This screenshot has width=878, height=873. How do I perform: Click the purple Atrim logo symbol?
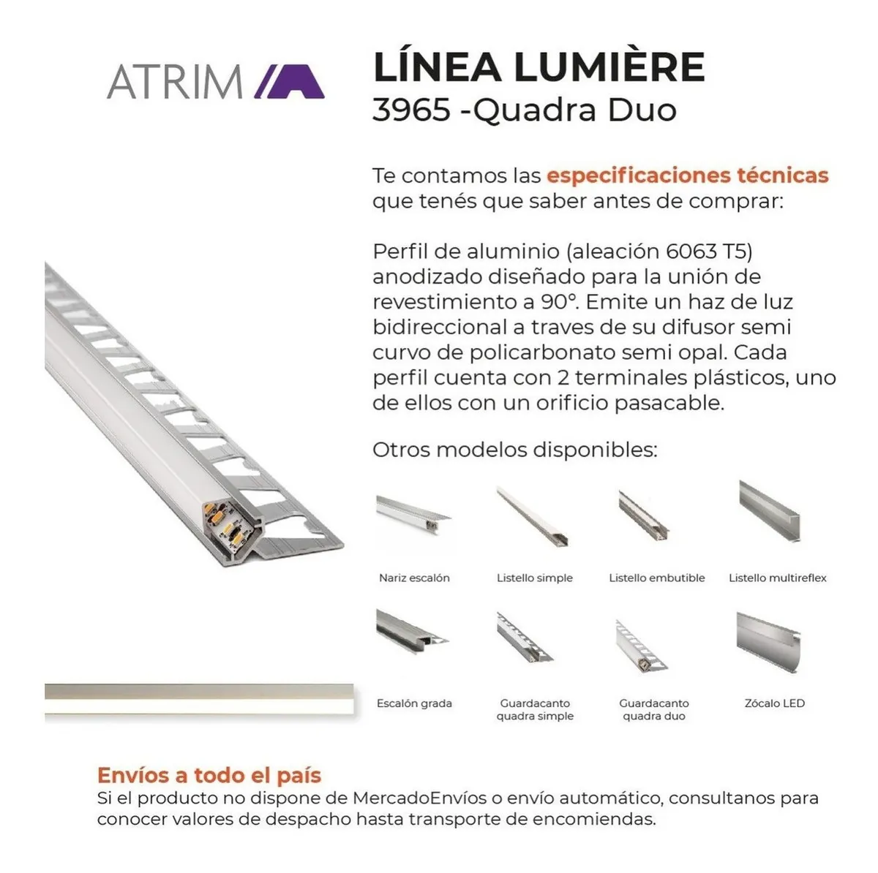(x=289, y=81)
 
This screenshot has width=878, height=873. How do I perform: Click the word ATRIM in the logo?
(x=175, y=82)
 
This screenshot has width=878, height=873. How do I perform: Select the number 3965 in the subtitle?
(x=411, y=110)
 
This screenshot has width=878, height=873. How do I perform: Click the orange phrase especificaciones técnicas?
(x=688, y=175)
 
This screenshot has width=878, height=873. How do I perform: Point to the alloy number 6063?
(x=691, y=252)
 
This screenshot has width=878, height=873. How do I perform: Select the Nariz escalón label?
(x=414, y=578)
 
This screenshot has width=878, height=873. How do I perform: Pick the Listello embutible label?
(x=656, y=578)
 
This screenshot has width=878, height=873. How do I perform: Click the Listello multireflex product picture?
(x=769, y=511)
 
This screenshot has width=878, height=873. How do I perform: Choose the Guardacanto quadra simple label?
(x=535, y=709)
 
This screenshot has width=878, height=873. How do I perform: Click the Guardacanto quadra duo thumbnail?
(x=641, y=646)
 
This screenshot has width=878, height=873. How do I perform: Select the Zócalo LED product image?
(x=768, y=643)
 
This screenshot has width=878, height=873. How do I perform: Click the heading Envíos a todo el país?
(x=209, y=775)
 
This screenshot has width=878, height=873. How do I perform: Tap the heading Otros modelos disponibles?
(x=515, y=450)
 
